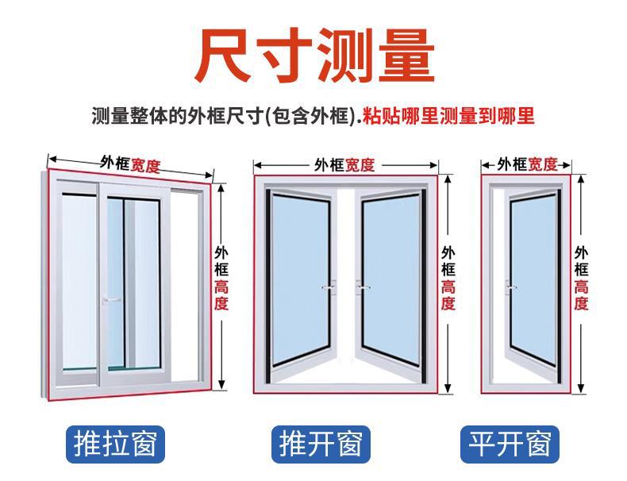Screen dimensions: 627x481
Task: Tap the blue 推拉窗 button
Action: coord(113,444)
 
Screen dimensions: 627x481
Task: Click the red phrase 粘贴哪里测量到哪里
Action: coord(448,117)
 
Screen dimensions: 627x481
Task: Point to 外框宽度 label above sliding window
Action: coord(130,164)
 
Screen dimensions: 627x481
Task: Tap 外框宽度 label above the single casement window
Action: coord(527,165)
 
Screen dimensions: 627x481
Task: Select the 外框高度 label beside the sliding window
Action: coord(221,278)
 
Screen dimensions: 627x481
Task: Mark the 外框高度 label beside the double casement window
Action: coord(448,278)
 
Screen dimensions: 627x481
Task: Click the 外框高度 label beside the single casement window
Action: coord(582,278)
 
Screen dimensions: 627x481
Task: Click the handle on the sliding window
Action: coord(110,299)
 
